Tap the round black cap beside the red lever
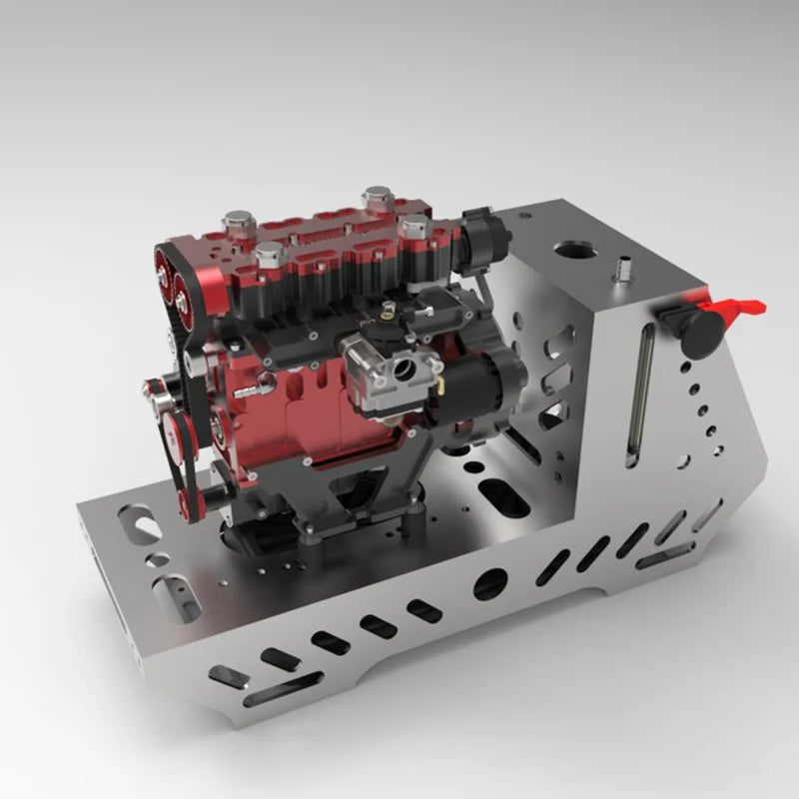coord(699,329)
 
